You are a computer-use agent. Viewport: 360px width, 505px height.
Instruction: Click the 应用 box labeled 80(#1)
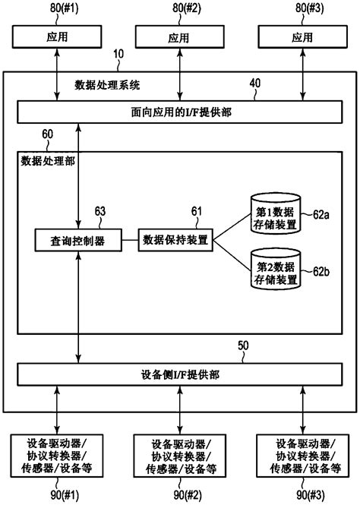(x=56, y=36)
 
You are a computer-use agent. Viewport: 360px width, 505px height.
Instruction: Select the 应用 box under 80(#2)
(x=179, y=36)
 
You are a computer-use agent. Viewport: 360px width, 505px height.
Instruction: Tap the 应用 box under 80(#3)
(x=302, y=36)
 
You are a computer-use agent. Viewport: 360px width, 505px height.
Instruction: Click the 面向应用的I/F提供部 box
(x=179, y=112)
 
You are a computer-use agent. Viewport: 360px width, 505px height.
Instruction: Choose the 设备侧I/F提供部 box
(x=179, y=374)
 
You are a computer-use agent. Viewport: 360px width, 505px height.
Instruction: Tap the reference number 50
(x=243, y=346)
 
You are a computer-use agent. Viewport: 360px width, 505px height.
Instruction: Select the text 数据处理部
(x=48, y=161)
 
